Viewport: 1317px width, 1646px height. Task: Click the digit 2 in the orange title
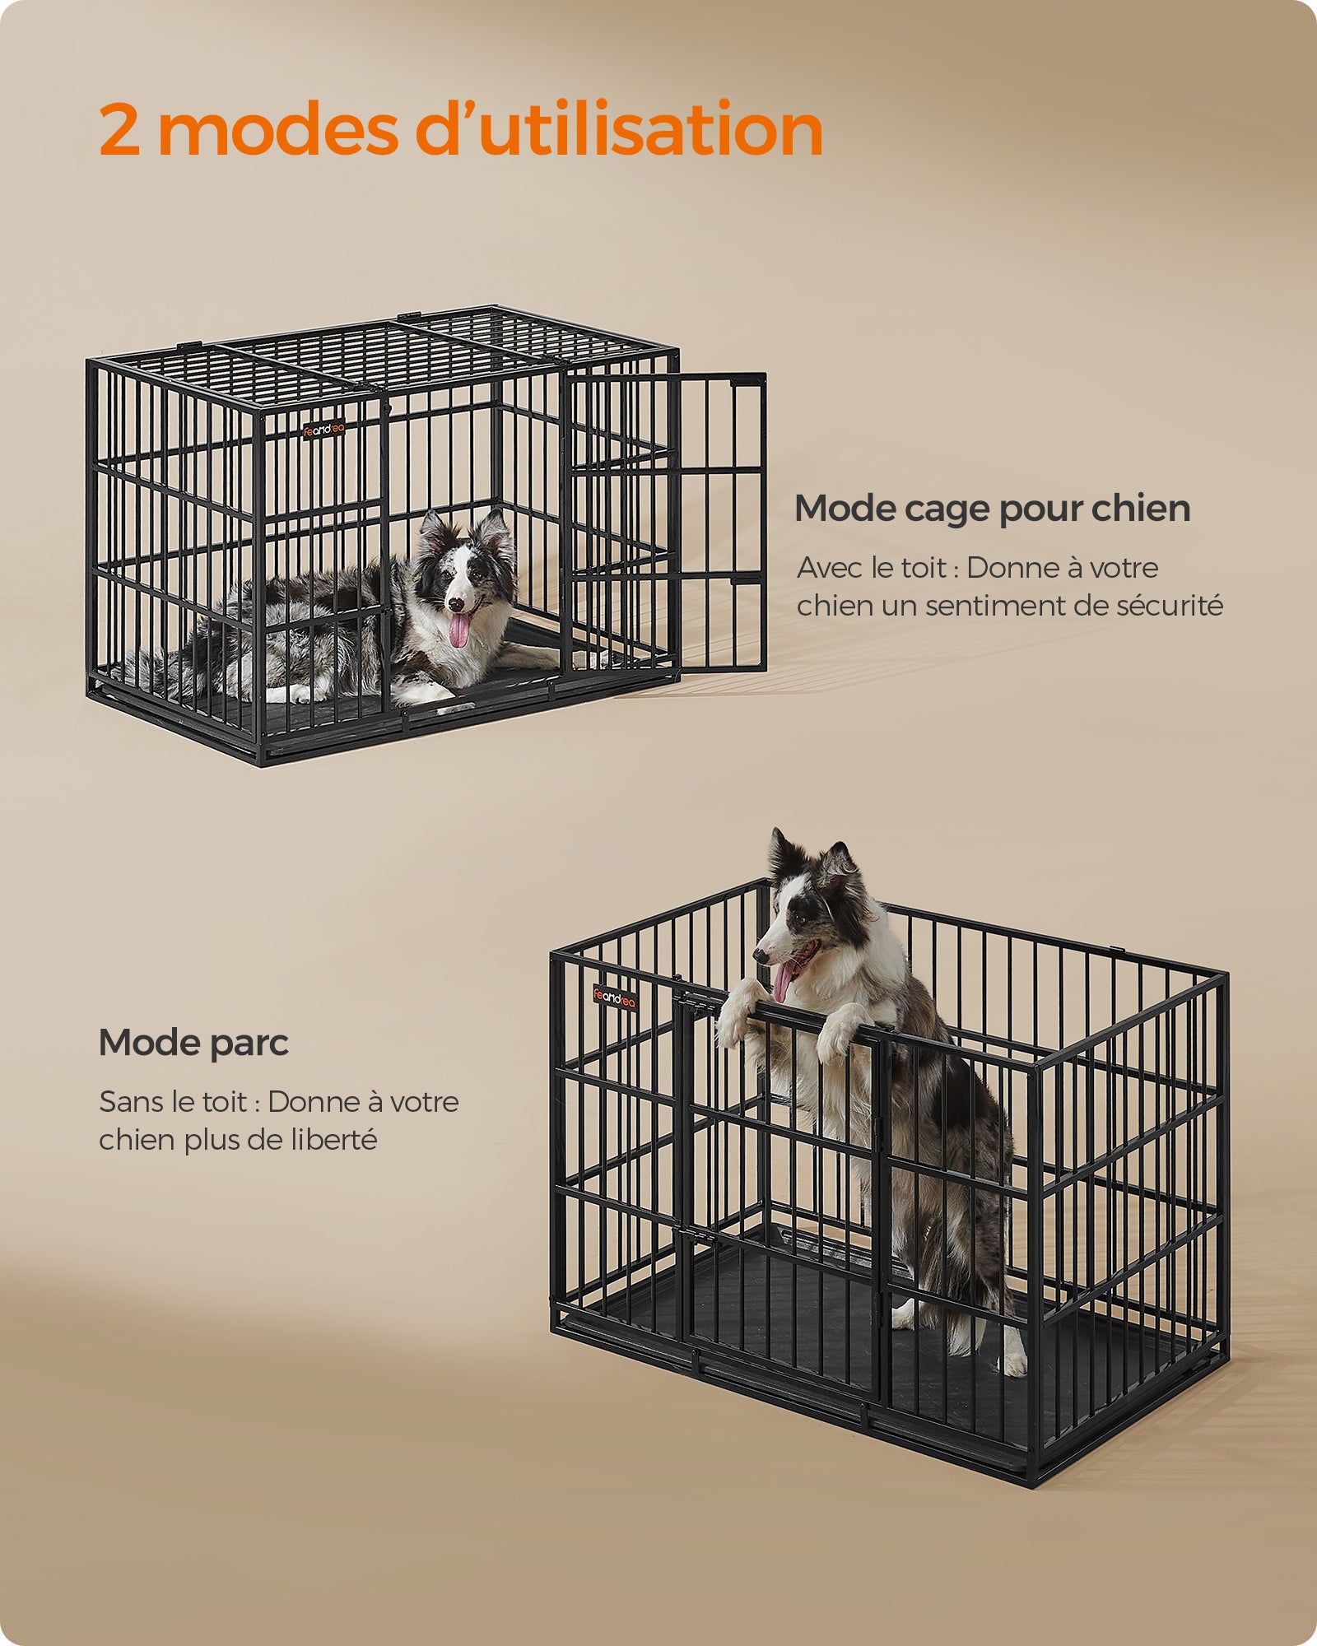[x=120, y=130]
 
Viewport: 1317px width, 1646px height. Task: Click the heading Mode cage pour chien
[x=993, y=509]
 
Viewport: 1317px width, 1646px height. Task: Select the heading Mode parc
[x=193, y=1044]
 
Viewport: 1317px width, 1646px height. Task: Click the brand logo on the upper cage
[x=323, y=429]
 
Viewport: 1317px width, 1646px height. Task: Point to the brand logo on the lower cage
[x=615, y=997]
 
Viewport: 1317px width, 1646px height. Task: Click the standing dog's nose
[x=759, y=957]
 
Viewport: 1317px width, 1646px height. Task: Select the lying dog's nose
[x=454, y=603]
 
